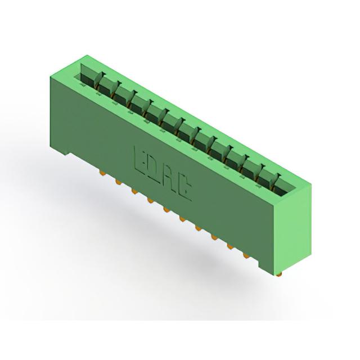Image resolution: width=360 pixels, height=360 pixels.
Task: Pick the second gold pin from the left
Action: point(118,182)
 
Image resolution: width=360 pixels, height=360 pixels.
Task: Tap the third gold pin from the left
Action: point(134,191)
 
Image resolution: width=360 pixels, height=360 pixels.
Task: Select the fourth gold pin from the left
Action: point(150,200)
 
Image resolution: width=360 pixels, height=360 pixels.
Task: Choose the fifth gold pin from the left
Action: point(166,209)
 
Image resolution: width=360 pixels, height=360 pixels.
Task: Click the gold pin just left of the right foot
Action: point(246,255)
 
